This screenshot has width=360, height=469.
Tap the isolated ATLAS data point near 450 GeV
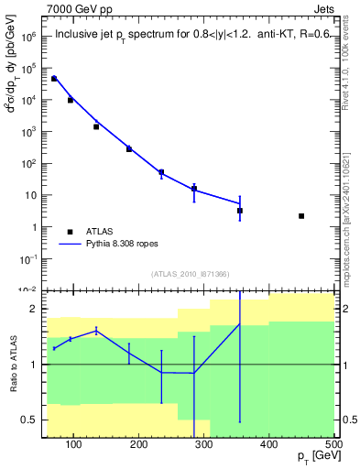tap(301, 216)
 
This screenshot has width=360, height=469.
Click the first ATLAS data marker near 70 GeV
tap(54, 79)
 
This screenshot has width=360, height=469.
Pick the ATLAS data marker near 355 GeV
tap(240, 211)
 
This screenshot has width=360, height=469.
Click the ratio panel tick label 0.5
tap(29, 420)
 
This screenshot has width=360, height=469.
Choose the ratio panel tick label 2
tap(33, 310)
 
